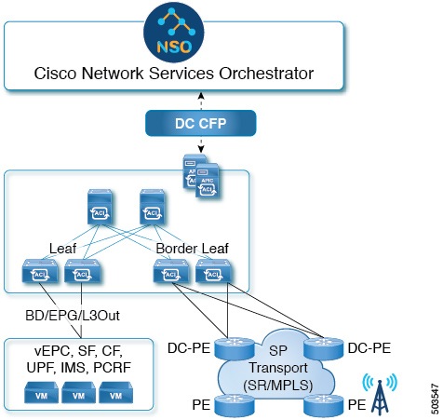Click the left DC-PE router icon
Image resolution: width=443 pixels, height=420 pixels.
pyautogui.click(x=227, y=347)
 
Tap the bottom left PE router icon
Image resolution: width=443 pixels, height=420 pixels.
pyautogui.click(x=227, y=403)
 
